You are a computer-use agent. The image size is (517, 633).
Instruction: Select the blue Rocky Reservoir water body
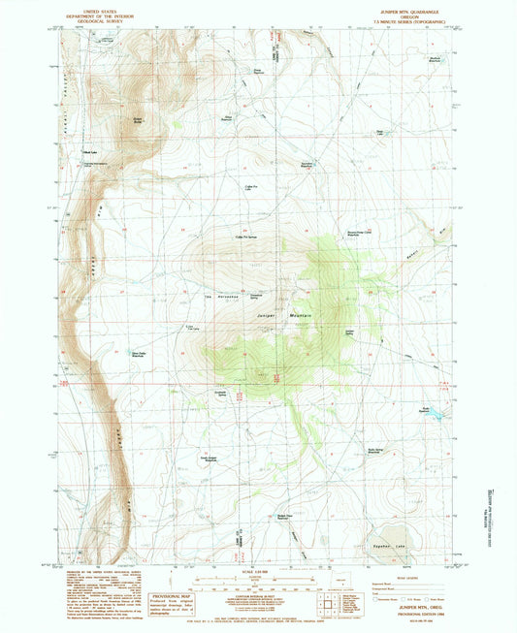(x=436, y=414)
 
